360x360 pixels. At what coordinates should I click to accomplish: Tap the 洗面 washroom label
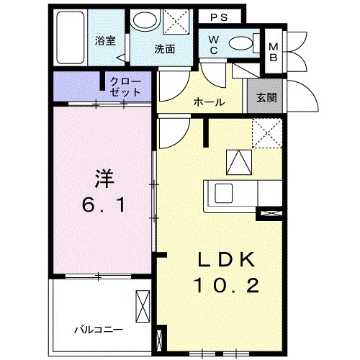point(165,50)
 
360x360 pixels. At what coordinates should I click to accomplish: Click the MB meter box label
point(274,53)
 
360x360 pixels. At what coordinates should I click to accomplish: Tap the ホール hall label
point(209,102)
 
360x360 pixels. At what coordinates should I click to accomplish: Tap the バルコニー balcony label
point(96,330)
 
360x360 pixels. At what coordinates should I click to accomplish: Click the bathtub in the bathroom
point(71,38)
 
